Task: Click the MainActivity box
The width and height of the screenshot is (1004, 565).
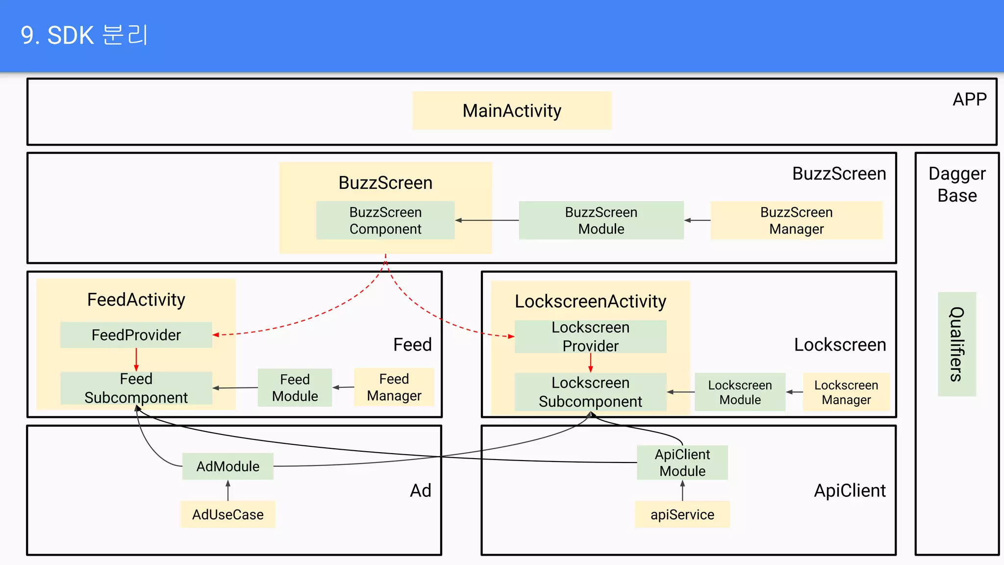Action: [x=512, y=111]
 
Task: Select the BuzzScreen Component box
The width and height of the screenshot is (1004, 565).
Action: [x=385, y=220]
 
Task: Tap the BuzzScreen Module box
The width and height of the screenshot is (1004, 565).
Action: [x=601, y=220]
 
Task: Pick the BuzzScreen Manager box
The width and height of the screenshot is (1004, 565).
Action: [x=796, y=220]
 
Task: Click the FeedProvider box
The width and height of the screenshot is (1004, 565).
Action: [x=136, y=335]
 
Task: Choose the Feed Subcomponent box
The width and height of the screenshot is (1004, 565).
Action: [x=136, y=388]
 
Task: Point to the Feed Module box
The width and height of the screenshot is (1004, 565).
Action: [x=295, y=387]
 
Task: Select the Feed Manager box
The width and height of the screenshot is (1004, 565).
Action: [x=394, y=387]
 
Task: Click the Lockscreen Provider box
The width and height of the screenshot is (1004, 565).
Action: [x=590, y=336]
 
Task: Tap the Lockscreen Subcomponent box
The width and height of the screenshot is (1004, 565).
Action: [x=590, y=392]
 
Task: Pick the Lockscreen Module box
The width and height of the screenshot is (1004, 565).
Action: [x=740, y=392]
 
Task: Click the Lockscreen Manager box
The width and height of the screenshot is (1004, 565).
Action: [x=846, y=392]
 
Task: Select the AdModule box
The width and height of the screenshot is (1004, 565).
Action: [x=227, y=466]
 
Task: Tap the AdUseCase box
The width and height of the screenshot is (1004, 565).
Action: [x=227, y=514]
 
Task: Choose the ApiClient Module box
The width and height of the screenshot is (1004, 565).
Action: [x=682, y=462]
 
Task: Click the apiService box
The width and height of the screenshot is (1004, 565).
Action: [x=682, y=514]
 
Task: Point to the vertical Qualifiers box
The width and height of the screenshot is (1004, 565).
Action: [x=957, y=344]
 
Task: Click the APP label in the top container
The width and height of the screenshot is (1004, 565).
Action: [x=969, y=100]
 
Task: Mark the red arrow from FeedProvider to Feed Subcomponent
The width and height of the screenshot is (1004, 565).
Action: [x=136, y=360]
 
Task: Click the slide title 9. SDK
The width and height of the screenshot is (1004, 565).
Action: [x=84, y=35]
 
